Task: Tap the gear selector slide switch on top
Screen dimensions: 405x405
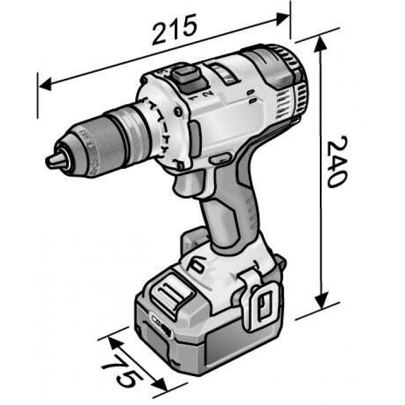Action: point(185,78)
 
